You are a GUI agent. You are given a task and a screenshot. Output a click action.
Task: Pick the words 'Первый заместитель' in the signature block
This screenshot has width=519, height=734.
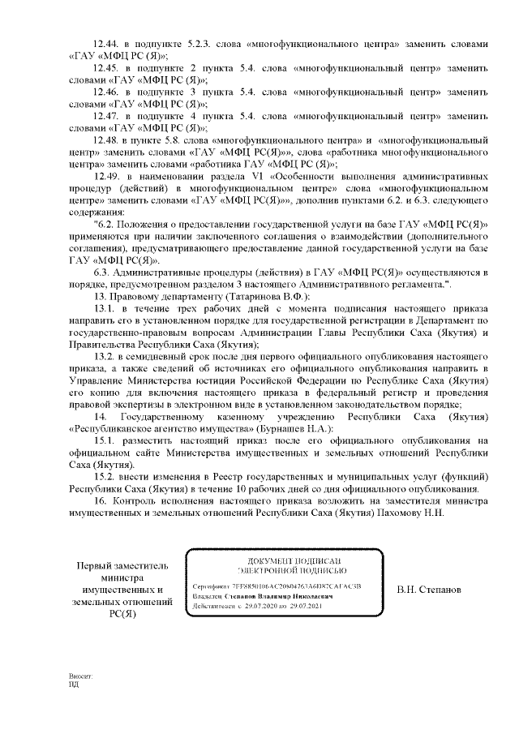click(x=125, y=565)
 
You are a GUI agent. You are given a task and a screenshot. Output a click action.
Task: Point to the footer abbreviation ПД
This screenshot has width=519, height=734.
click(x=74, y=684)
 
